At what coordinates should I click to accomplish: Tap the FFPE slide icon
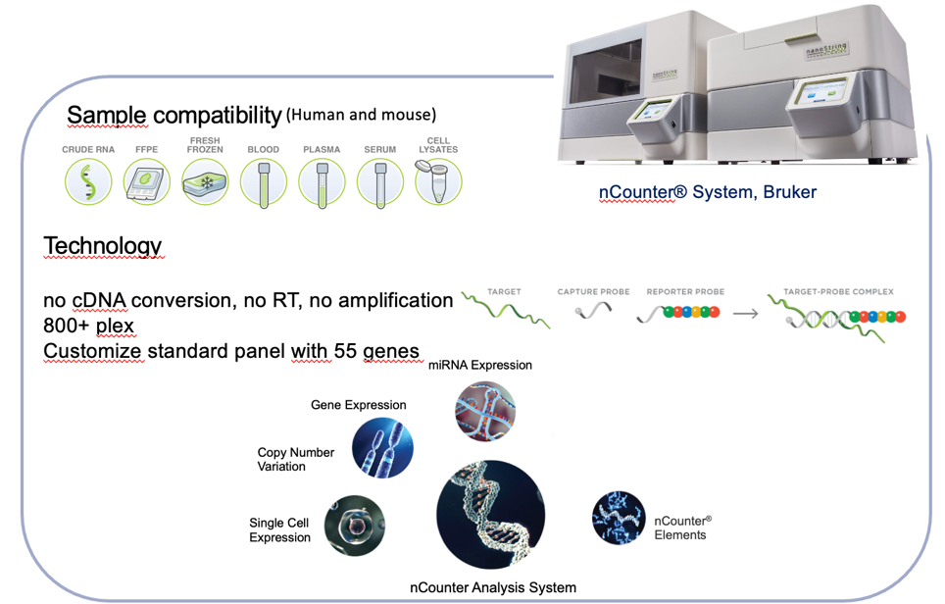[x=148, y=182]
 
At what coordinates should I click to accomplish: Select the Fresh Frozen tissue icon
[x=205, y=182]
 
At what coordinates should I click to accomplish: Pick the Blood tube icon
[x=264, y=182]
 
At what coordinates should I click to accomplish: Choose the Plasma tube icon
[x=322, y=182]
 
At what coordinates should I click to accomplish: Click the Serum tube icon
[x=379, y=182]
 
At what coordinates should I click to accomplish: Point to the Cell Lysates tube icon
[x=438, y=182]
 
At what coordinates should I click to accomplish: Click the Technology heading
[x=102, y=245]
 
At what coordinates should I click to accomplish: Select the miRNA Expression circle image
[x=485, y=411]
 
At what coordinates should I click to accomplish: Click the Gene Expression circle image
[x=382, y=448]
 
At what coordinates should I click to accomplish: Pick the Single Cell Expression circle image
[x=355, y=527]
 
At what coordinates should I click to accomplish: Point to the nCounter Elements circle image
[x=620, y=517]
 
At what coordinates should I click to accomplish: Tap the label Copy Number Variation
[x=295, y=460]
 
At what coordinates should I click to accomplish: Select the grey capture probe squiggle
[x=592, y=312]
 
